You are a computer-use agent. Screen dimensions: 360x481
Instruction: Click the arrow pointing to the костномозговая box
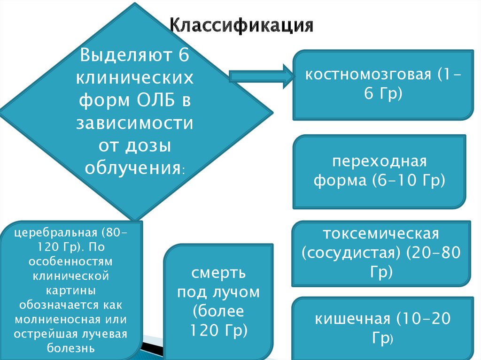[261, 75]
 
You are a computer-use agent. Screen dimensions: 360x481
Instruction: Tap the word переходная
[380, 161]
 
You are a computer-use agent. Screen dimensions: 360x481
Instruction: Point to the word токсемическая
[381, 234]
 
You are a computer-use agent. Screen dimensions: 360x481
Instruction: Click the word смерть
[218, 273]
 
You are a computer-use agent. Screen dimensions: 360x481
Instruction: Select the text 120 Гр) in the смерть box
[218, 330]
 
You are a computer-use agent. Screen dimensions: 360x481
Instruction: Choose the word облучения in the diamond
[133, 167]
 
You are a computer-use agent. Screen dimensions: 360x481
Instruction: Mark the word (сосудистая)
[351, 253]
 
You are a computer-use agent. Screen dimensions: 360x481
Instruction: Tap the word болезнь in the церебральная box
[71, 348]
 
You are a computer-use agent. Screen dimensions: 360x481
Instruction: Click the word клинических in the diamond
[135, 78]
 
